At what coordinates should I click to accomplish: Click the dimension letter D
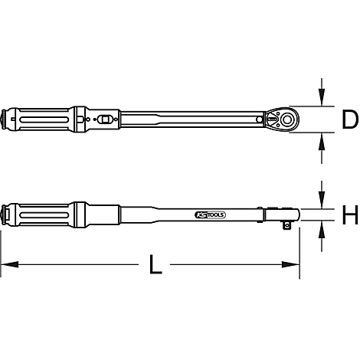tap(349, 119)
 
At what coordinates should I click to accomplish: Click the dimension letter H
tap(349, 215)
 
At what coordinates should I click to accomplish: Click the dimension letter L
tap(155, 266)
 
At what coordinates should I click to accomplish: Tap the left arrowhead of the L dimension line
tap(6, 265)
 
